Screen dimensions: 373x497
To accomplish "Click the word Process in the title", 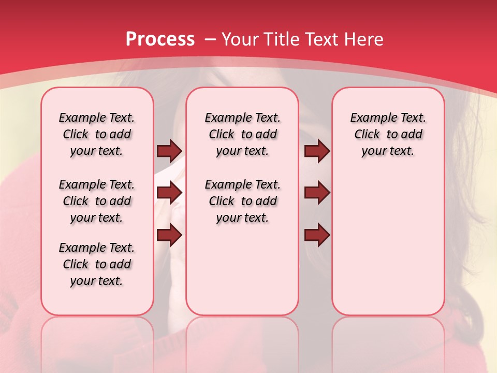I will click(160, 39).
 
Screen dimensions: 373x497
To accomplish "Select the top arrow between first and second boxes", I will click(169, 151).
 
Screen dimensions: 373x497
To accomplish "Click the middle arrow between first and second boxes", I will click(169, 193).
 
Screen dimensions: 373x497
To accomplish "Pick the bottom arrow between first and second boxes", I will click(169, 235).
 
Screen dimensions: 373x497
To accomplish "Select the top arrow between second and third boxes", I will click(317, 151).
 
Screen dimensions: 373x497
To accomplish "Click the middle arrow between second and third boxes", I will click(317, 193).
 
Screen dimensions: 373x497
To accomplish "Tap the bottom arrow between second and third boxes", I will click(317, 235).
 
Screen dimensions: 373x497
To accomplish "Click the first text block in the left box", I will click(97, 134).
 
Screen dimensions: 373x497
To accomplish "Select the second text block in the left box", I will click(97, 201).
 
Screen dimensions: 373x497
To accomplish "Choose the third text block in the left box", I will click(97, 264).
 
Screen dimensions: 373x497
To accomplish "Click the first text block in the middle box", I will click(243, 134).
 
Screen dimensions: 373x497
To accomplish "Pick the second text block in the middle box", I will click(243, 201).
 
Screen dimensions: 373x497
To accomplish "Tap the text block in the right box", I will click(388, 134).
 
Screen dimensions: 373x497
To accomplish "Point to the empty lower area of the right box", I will click(388, 243).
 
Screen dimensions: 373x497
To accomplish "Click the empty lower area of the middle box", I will click(243, 272).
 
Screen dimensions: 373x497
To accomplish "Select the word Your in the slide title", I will click(239, 39).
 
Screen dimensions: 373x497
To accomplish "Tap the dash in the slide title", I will click(210, 39).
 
